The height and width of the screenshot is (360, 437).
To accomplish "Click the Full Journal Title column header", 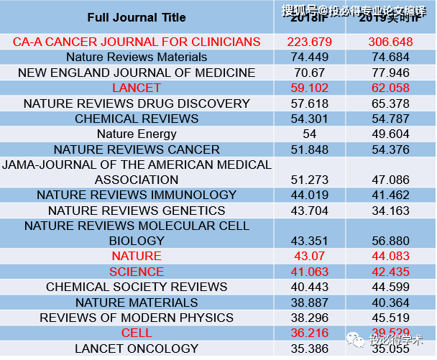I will (137, 17).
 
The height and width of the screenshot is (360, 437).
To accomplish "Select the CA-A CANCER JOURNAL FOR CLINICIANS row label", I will (137, 42).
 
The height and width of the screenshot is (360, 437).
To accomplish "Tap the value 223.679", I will (310, 42).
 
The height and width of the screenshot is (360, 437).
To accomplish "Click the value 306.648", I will (391, 42).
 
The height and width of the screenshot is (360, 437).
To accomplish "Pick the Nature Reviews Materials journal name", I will (137, 57).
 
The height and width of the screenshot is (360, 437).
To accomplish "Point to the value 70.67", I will (310, 73).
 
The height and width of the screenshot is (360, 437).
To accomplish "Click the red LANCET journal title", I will (137, 88).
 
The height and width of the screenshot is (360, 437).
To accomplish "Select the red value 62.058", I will (391, 88).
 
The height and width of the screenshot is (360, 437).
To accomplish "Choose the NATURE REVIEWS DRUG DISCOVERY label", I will (137, 103).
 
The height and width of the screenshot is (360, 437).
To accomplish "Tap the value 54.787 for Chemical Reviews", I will (391, 119).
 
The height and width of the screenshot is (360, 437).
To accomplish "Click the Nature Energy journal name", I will (137, 134).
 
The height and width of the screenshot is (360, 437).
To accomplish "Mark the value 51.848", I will (310, 149).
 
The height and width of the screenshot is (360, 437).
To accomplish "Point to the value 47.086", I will (391, 180).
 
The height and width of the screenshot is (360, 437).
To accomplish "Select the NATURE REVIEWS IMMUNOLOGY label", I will (137, 195).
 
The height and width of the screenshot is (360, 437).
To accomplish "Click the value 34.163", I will (391, 211).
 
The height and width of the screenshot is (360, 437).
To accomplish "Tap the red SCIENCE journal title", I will (137, 272).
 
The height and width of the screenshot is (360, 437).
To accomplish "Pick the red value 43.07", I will (310, 257).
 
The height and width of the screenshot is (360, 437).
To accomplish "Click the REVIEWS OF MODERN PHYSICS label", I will (137, 318).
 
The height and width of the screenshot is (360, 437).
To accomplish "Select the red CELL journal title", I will (137, 333).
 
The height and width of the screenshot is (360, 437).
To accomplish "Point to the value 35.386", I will (310, 349).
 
